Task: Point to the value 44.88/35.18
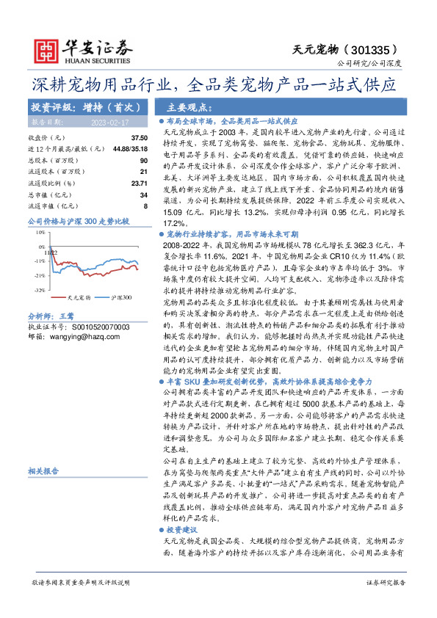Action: (131, 149)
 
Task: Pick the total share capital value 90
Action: (143, 160)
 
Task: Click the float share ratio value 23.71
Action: (139, 182)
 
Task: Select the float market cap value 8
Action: (145, 205)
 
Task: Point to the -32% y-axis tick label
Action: (39, 291)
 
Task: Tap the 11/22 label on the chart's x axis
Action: (51, 251)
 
